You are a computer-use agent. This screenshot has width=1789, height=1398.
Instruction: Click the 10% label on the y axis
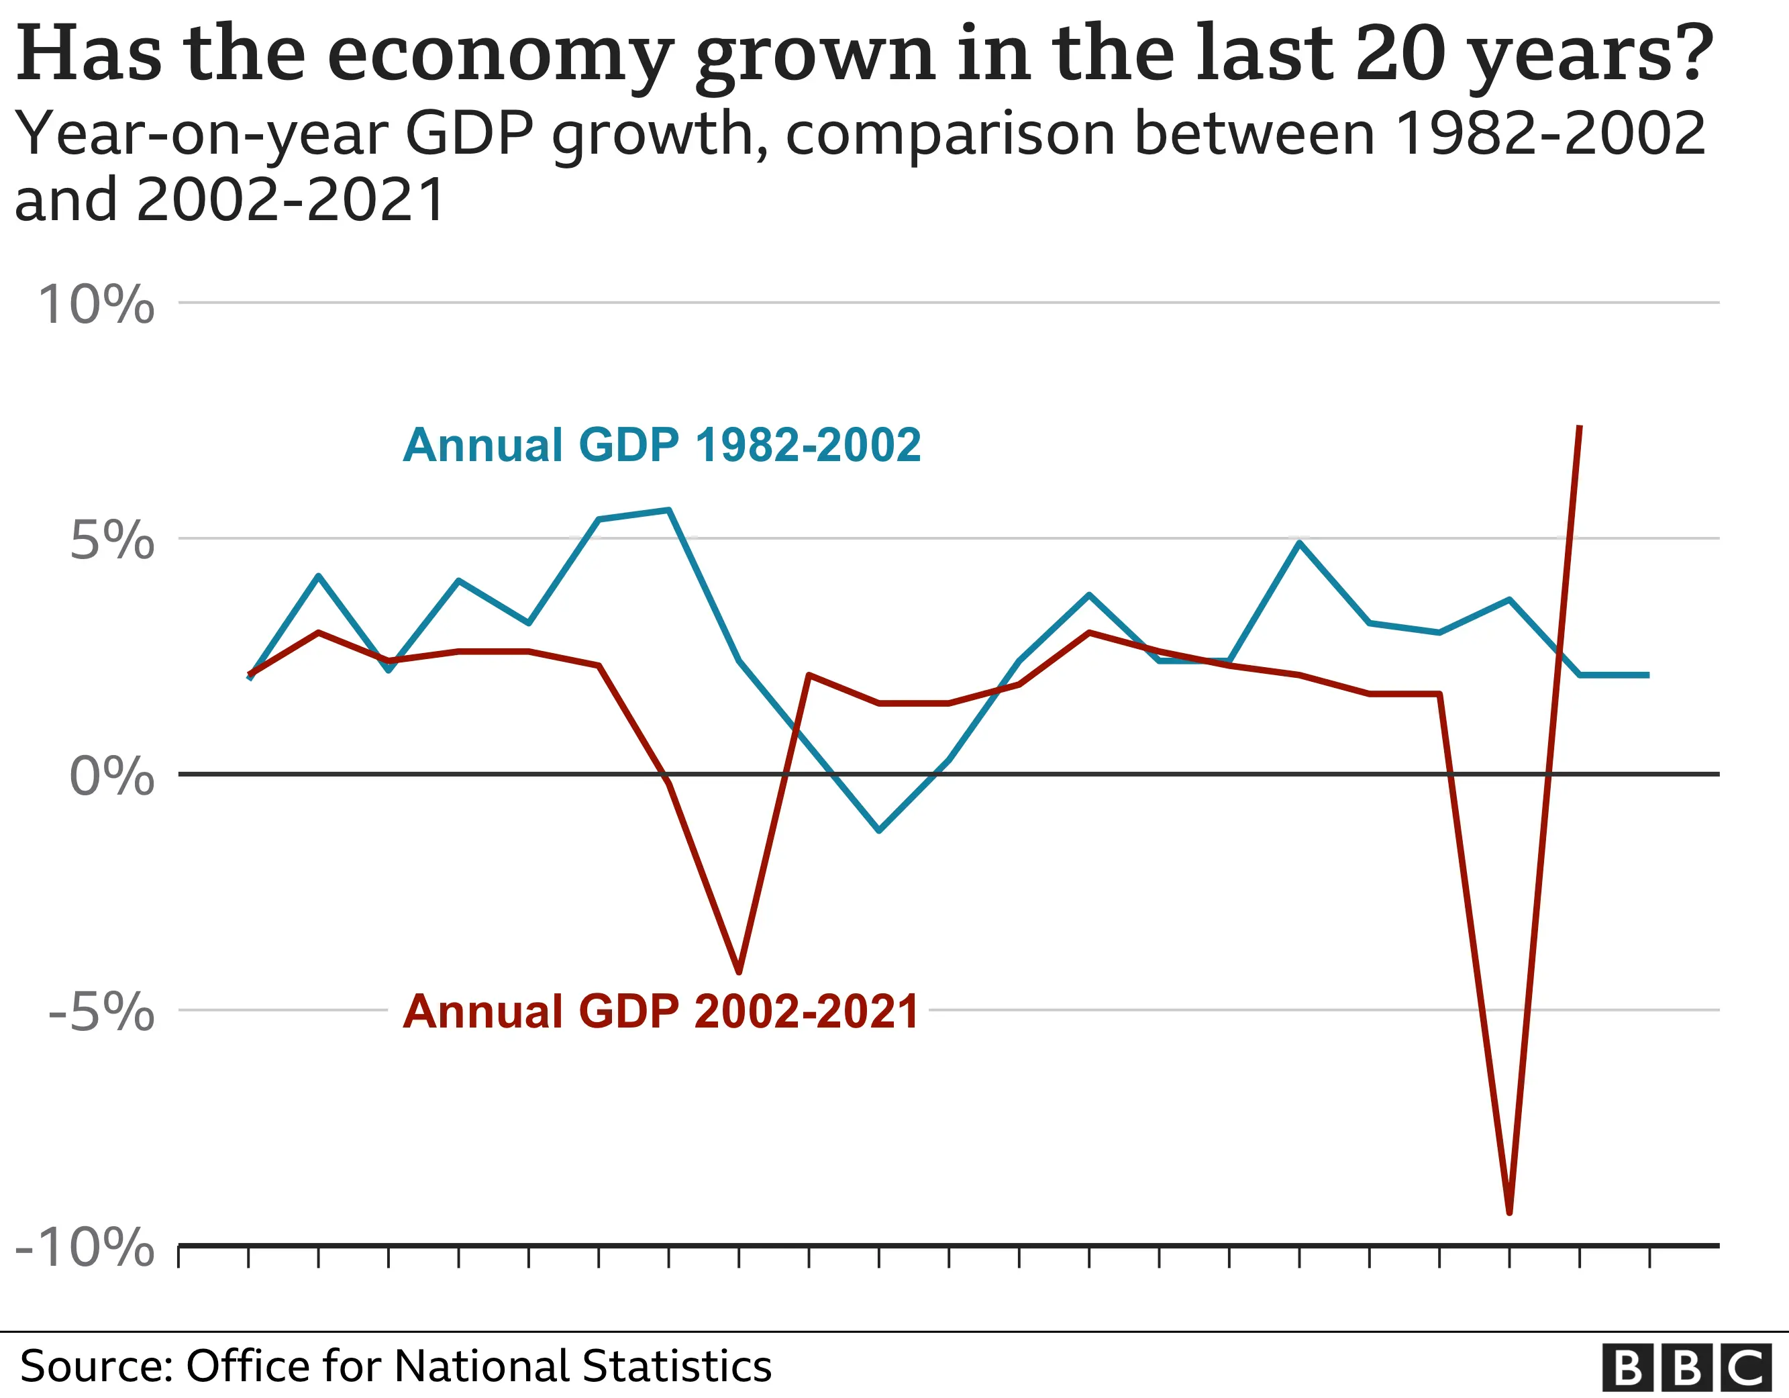(x=96, y=305)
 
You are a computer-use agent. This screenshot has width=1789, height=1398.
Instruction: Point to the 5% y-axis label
(x=112, y=541)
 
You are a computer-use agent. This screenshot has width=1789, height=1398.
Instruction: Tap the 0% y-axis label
(x=112, y=776)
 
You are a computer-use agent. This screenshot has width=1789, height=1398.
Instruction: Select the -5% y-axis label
(x=101, y=1012)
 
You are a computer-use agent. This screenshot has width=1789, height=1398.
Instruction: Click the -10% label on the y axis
(x=85, y=1248)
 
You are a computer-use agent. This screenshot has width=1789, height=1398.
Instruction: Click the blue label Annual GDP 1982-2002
(x=662, y=445)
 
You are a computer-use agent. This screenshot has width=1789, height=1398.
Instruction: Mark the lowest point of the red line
(x=1510, y=1212)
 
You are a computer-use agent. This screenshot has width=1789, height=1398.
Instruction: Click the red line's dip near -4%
(x=739, y=972)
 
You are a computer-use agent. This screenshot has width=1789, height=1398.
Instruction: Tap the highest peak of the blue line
(x=669, y=509)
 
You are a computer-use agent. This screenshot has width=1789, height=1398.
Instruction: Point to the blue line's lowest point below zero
(x=879, y=831)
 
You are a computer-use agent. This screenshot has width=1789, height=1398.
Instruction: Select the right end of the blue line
(x=1648, y=675)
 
